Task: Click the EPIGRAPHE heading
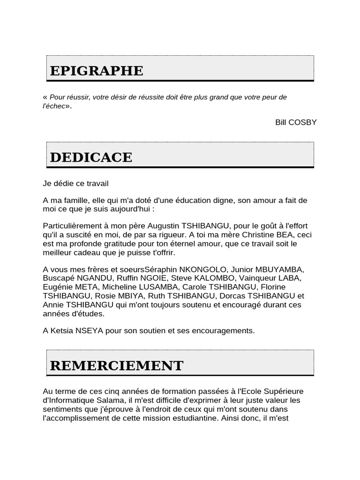click(97, 71)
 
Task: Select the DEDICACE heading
click(91, 157)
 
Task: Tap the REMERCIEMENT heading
click(116, 366)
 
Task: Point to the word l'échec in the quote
click(54, 106)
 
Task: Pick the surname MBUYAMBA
click(281, 270)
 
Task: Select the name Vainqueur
click(259, 278)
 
